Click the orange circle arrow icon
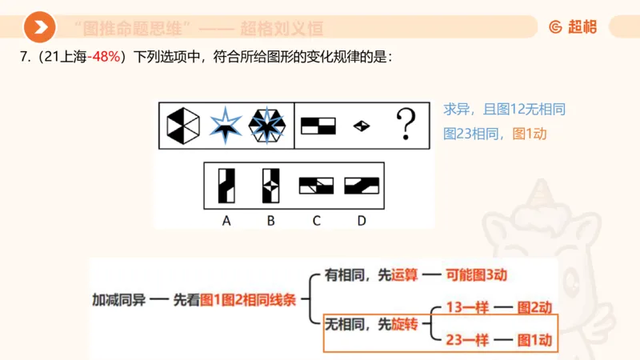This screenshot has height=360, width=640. (x=39, y=28)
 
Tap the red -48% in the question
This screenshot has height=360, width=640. (x=104, y=58)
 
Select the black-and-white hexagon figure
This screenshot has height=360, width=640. (x=183, y=126)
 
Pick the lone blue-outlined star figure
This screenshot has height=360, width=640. (x=226, y=126)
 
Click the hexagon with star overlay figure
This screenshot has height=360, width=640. (x=267, y=126)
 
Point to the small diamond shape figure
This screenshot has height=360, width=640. (x=362, y=126)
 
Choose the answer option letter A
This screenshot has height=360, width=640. (x=226, y=221)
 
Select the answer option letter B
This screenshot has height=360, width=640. (x=270, y=221)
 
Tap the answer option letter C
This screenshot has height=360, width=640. (x=316, y=221)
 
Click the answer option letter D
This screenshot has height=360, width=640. (x=362, y=221)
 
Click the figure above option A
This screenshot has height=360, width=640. (x=226, y=185)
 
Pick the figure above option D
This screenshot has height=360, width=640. (x=362, y=186)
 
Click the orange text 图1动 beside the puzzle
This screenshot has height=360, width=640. (x=529, y=134)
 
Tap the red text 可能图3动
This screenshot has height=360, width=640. (x=478, y=275)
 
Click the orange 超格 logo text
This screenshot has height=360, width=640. (x=582, y=27)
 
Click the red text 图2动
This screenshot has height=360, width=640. (x=535, y=307)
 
